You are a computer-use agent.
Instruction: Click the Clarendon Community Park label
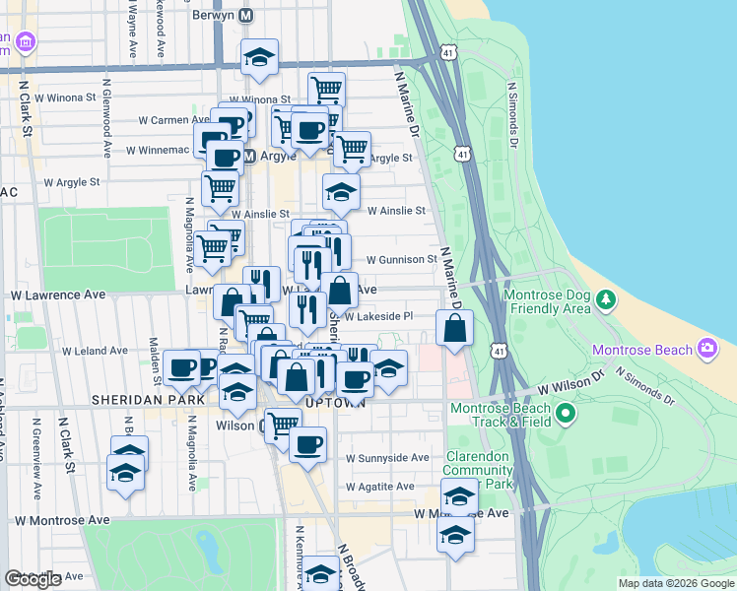click(x=478, y=470)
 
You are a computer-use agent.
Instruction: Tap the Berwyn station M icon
click(x=246, y=16)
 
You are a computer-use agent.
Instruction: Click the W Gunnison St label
click(x=402, y=259)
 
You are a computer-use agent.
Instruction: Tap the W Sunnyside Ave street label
click(x=386, y=458)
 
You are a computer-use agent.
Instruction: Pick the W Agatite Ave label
click(x=380, y=487)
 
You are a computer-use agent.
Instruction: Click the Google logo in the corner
click(x=33, y=579)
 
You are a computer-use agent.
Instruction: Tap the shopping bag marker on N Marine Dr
click(x=454, y=330)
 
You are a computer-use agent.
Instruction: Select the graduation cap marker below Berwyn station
click(x=259, y=58)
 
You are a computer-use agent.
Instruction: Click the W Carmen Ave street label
click(x=172, y=120)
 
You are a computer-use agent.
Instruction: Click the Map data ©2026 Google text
click(x=676, y=583)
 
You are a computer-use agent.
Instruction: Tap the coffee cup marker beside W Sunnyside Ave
click(x=308, y=445)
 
